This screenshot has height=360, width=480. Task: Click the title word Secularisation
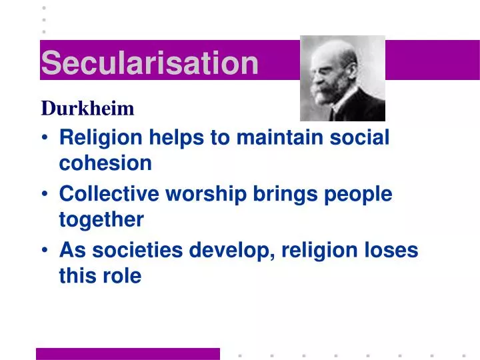[149, 63]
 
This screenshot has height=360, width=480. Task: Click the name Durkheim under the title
[87, 108]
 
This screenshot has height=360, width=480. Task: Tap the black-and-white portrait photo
[342, 78]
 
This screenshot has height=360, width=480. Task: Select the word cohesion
[105, 163]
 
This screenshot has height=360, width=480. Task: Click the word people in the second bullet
[357, 194]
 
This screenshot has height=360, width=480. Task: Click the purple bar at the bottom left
[127, 353]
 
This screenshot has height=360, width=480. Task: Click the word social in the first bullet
[356, 138]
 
